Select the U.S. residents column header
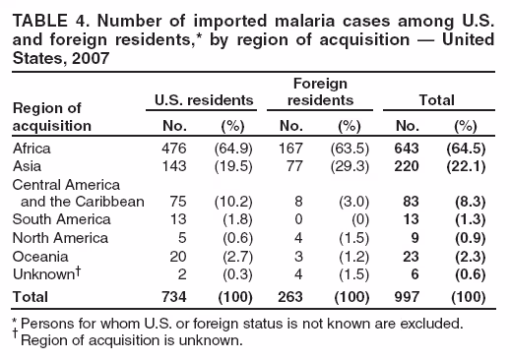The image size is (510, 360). click(x=203, y=99)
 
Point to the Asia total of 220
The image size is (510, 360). click(x=407, y=166)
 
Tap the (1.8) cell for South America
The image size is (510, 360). click(x=236, y=220)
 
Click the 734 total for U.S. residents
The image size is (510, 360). click(x=173, y=296)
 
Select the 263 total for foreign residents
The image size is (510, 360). click(x=289, y=296)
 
